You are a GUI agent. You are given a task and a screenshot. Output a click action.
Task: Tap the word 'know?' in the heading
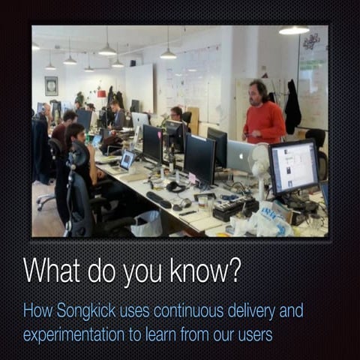(204, 271)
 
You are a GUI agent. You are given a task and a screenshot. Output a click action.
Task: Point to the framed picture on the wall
(51, 85)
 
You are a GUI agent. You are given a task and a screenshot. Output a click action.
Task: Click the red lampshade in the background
(101, 94)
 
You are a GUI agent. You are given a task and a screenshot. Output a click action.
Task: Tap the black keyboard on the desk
(159, 199)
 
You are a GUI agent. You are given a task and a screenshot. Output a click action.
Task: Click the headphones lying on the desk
(177, 186)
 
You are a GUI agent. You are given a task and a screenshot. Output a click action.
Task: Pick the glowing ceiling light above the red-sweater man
(293, 31)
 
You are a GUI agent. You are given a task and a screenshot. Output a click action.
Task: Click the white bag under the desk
(146, 223)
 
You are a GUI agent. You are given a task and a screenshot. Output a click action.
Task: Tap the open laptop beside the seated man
(127, 159)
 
